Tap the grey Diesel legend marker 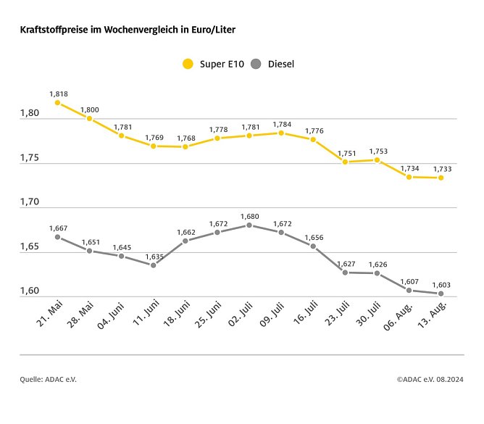255,64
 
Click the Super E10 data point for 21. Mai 57,103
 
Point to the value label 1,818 58,94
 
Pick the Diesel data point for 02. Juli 249,225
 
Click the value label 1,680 250,216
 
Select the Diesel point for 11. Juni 154,265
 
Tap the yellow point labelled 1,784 281,133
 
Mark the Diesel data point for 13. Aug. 441,294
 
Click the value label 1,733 442,169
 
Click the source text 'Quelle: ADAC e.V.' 48,379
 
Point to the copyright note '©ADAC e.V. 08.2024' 430,379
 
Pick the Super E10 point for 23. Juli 345,162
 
